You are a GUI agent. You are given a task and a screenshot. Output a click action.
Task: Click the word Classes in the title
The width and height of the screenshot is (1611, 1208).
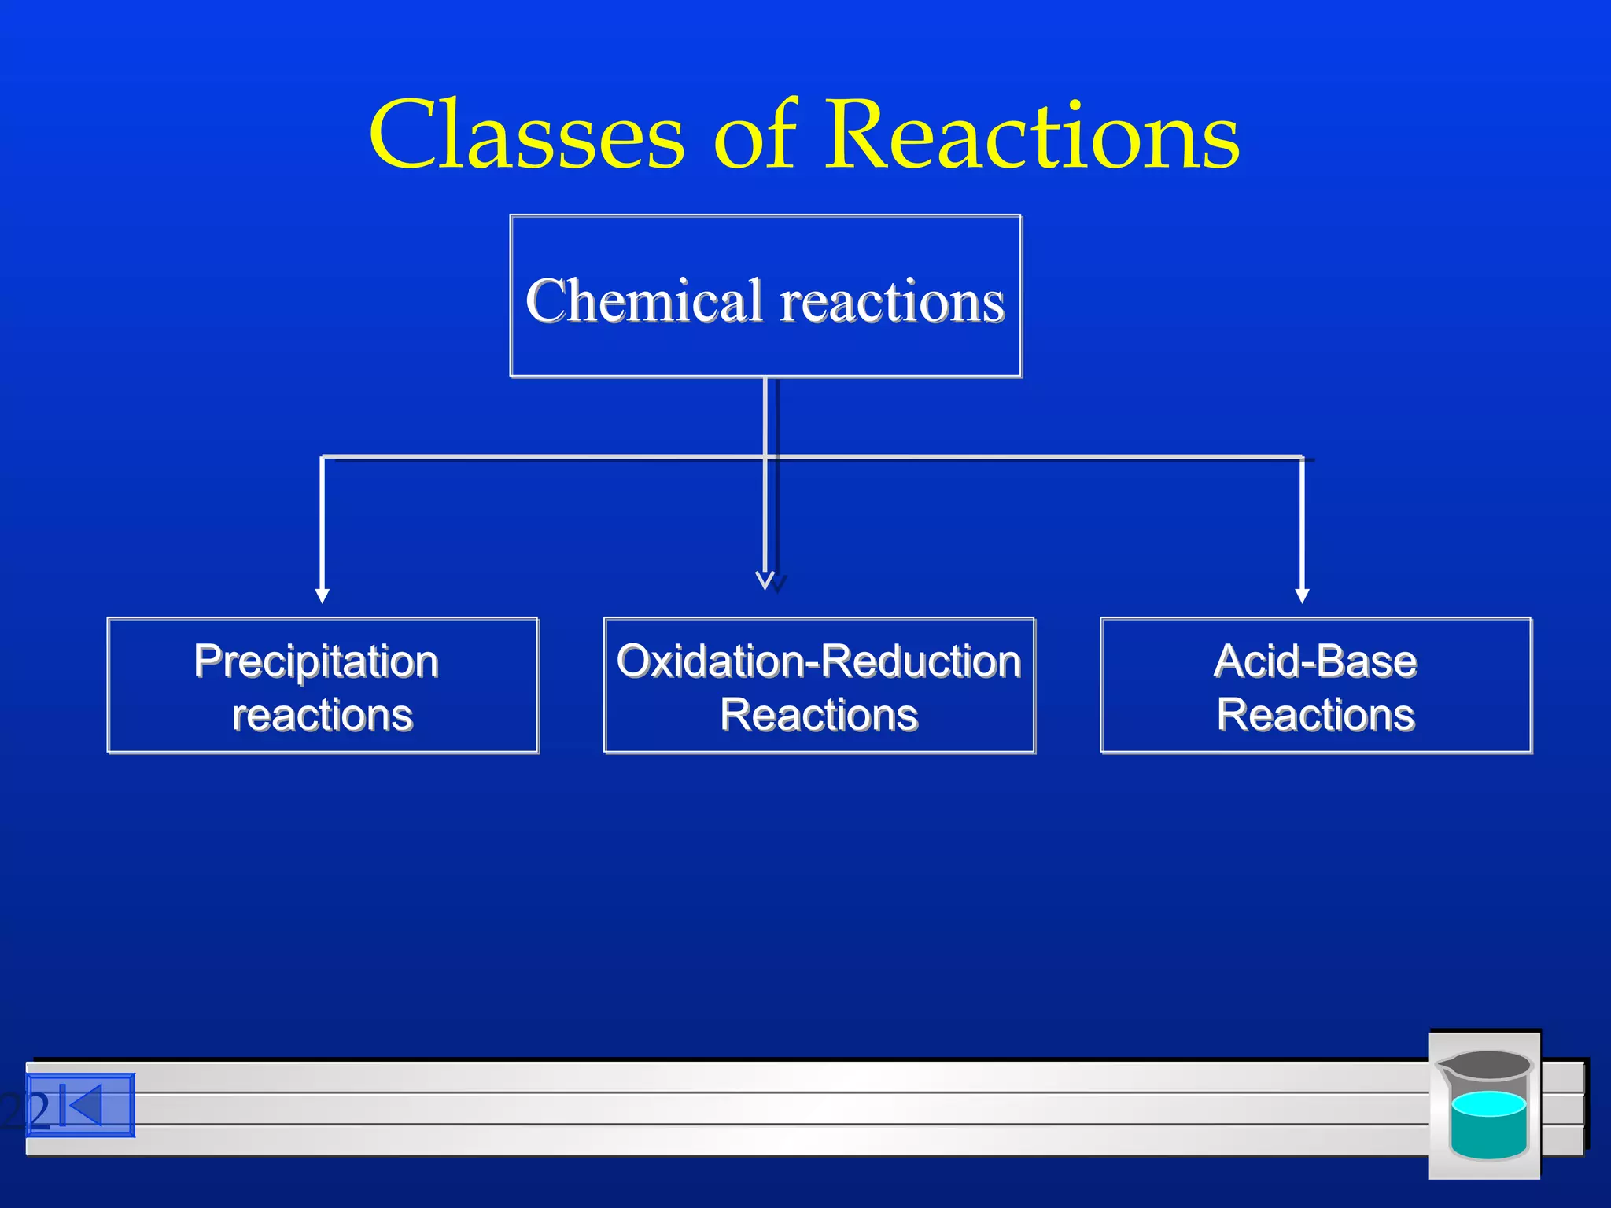click(x=527, y=135)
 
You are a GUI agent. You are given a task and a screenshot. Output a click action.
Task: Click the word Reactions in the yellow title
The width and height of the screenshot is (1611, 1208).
click(x=1032, y=135)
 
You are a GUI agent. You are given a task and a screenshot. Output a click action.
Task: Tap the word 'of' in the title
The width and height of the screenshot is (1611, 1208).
click(x=755, y=135)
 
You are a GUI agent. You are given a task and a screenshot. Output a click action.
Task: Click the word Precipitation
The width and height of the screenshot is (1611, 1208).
click(x=316, y=661)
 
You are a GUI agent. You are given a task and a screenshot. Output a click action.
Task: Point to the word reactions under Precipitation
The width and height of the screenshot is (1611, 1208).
click(x=323, y=716)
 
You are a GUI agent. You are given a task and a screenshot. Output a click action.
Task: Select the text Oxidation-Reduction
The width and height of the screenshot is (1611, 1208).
click(x=819, y=661)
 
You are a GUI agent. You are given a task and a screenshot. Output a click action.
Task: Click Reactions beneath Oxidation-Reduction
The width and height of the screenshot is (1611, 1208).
click(x=819, y=716)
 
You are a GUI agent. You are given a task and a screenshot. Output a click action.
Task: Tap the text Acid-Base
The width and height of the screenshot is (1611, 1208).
click(x=1315, y=661)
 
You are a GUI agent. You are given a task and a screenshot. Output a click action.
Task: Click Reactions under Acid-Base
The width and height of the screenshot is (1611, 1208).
click(x=1315, y=716)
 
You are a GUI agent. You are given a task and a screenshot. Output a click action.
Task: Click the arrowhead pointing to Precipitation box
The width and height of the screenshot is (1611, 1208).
click(x=322, y=595)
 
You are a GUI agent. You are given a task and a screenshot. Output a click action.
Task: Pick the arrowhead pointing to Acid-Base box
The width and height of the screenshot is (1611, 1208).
click(x=1302, y=595)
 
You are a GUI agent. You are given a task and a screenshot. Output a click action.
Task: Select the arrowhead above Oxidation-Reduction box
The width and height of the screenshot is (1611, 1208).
click(x=765, y=581)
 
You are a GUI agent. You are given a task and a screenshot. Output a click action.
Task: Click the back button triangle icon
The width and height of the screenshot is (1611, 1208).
click(x=85, y=1106)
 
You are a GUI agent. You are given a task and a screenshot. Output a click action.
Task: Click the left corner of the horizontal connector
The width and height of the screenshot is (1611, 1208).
click(x=323, y=457)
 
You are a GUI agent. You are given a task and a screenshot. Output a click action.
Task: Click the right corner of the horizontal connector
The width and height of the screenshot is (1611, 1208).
click(x=1302, y=457)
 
